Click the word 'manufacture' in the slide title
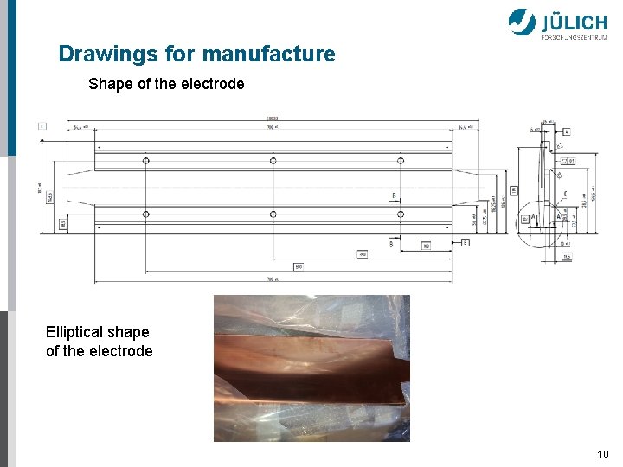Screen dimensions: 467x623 [x=268, y=54]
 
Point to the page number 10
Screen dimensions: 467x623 [x=602, y=455]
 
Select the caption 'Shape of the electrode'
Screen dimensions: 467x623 [x=166, y=84]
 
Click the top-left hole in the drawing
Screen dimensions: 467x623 [x=145, y=161]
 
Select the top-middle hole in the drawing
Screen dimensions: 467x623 [x=273, y=161]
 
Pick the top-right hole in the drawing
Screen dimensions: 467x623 [x=400, y=161]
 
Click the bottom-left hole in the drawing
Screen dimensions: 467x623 [x=145, y=214]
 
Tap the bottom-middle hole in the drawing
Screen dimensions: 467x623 [x=273, y=214]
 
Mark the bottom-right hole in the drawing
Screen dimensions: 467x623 [x=400, y=214]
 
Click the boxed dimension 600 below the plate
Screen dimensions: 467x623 [x=298, y=266]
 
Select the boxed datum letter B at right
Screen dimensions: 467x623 [x=466, y=242]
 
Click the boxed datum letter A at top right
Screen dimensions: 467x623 [x=566, y=132]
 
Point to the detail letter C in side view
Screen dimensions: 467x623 [x=564, y=194]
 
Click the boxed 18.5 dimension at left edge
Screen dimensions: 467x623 [x=63, y=224]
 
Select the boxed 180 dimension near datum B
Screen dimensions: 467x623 [x=426, y=246]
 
